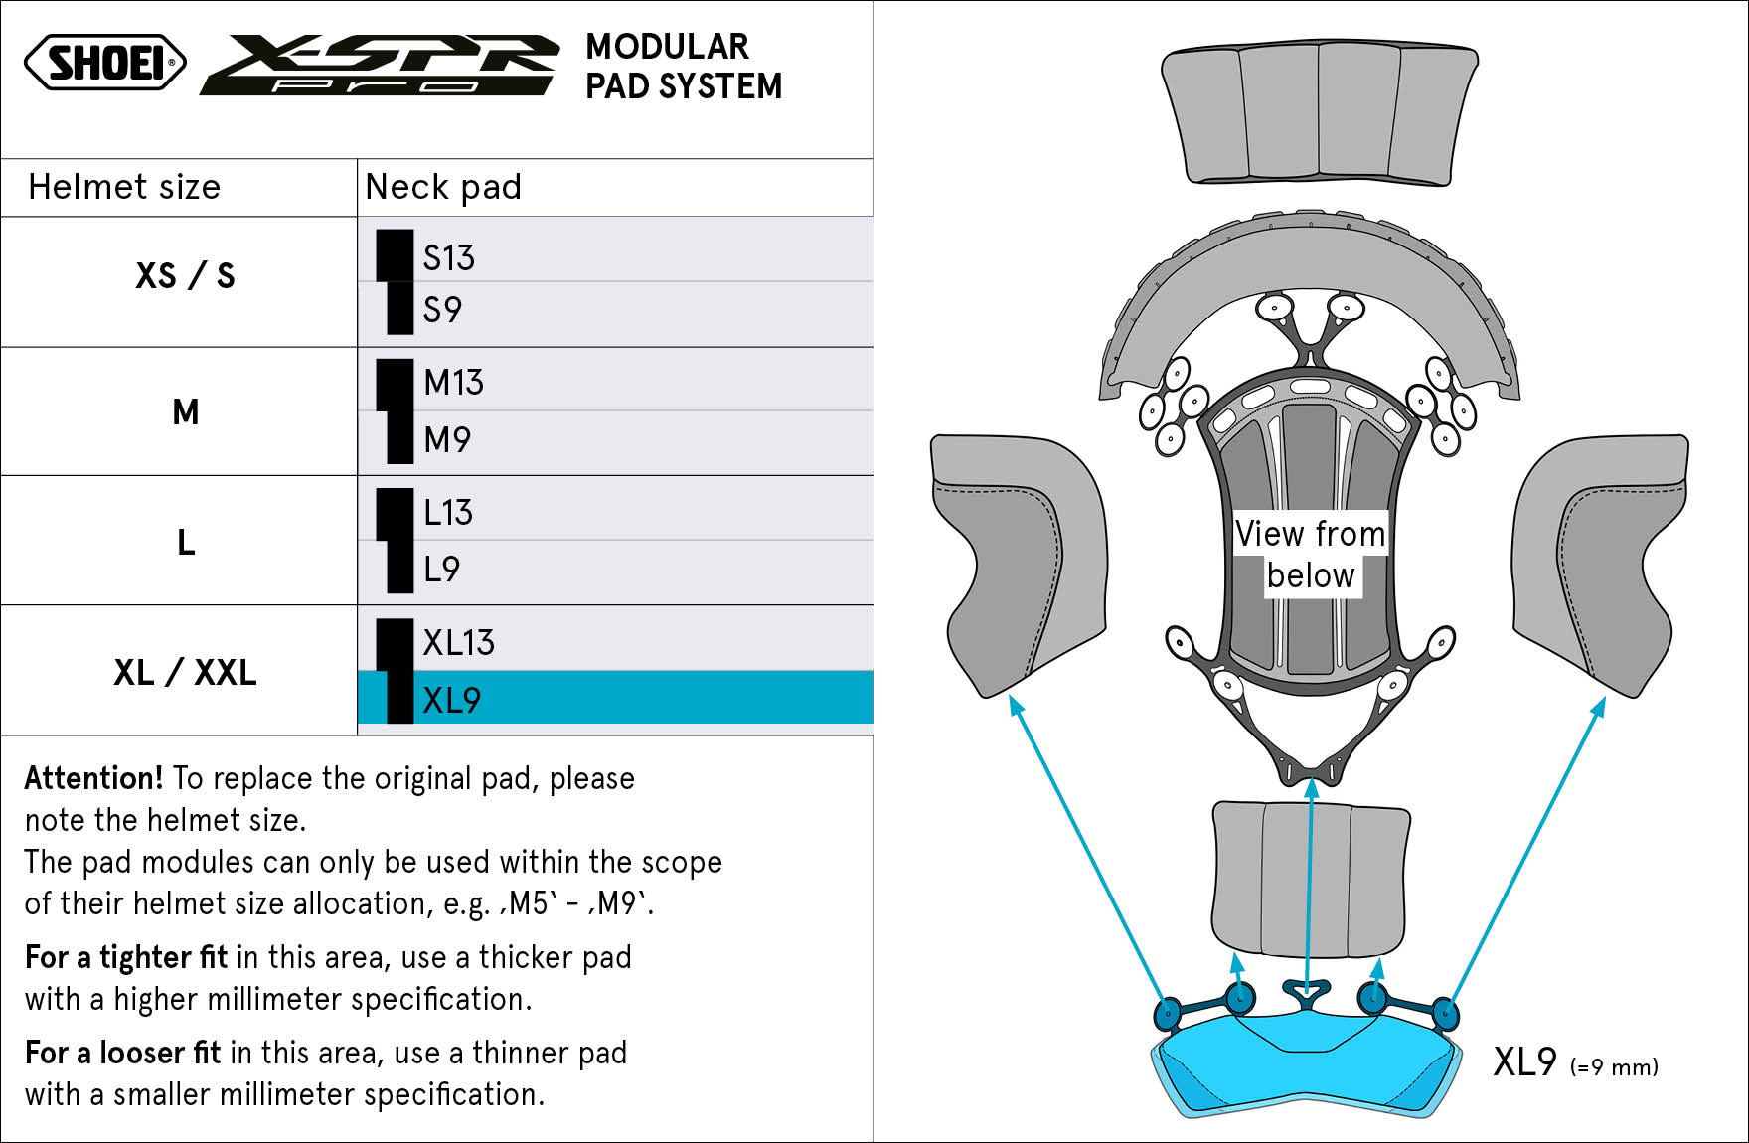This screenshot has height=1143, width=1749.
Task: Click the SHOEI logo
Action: (105, 63)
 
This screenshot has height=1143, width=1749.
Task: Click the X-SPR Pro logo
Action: (380, 65)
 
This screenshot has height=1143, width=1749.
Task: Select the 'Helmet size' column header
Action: (124, 187)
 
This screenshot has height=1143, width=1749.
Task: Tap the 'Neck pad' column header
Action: (443, 187)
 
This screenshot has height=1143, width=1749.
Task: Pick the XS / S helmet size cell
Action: (185, 275)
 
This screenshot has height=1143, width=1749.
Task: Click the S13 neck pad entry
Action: (449, 257)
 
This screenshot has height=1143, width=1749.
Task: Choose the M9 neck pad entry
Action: (447, 439)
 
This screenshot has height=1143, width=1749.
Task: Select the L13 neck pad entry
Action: (448, 512)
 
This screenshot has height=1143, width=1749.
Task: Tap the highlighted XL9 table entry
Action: (452, 700)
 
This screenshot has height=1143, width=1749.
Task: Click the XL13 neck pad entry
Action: (458, 642)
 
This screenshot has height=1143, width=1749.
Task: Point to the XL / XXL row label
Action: (185, 672)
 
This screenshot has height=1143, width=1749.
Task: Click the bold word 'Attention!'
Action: (93, 777)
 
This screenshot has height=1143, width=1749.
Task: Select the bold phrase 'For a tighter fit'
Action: (126, 957)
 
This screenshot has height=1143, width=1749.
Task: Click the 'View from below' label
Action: (1311, 555)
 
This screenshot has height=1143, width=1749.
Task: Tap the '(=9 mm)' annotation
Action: (1614, 1067)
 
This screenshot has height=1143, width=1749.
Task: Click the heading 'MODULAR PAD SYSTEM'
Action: (684, 66)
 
